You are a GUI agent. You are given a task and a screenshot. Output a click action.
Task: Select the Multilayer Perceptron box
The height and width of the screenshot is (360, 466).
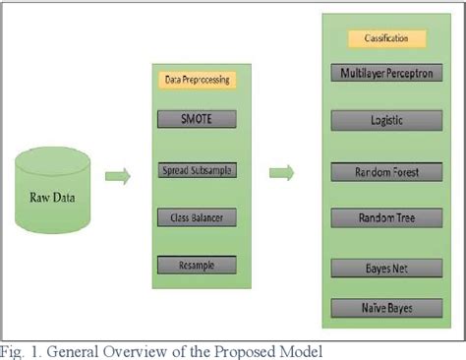384,73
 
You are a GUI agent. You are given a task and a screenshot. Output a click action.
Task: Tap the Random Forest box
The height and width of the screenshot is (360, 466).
384,172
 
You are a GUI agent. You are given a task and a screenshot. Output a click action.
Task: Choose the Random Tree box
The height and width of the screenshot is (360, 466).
384,217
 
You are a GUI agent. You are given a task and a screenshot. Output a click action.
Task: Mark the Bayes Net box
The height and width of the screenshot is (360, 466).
384,267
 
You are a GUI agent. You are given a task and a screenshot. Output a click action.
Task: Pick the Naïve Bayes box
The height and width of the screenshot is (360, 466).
384,308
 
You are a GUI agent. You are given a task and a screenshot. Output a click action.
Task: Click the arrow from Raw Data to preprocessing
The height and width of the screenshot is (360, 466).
118,177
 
